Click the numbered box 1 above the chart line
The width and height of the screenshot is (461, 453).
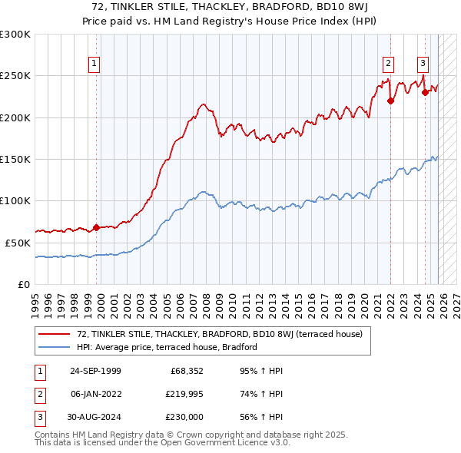pos(94,64)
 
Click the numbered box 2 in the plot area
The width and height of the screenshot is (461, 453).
pos(389,64)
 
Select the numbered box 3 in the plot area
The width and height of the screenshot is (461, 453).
pos(423,64)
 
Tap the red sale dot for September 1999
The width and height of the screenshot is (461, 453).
pos(96,227)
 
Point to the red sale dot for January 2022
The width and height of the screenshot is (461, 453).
pos(390,101)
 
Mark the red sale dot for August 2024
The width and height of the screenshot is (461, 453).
pos(425,92)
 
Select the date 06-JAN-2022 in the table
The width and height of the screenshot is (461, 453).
pos(95,394)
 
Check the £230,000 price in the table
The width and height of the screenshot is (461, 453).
pos(185,417)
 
